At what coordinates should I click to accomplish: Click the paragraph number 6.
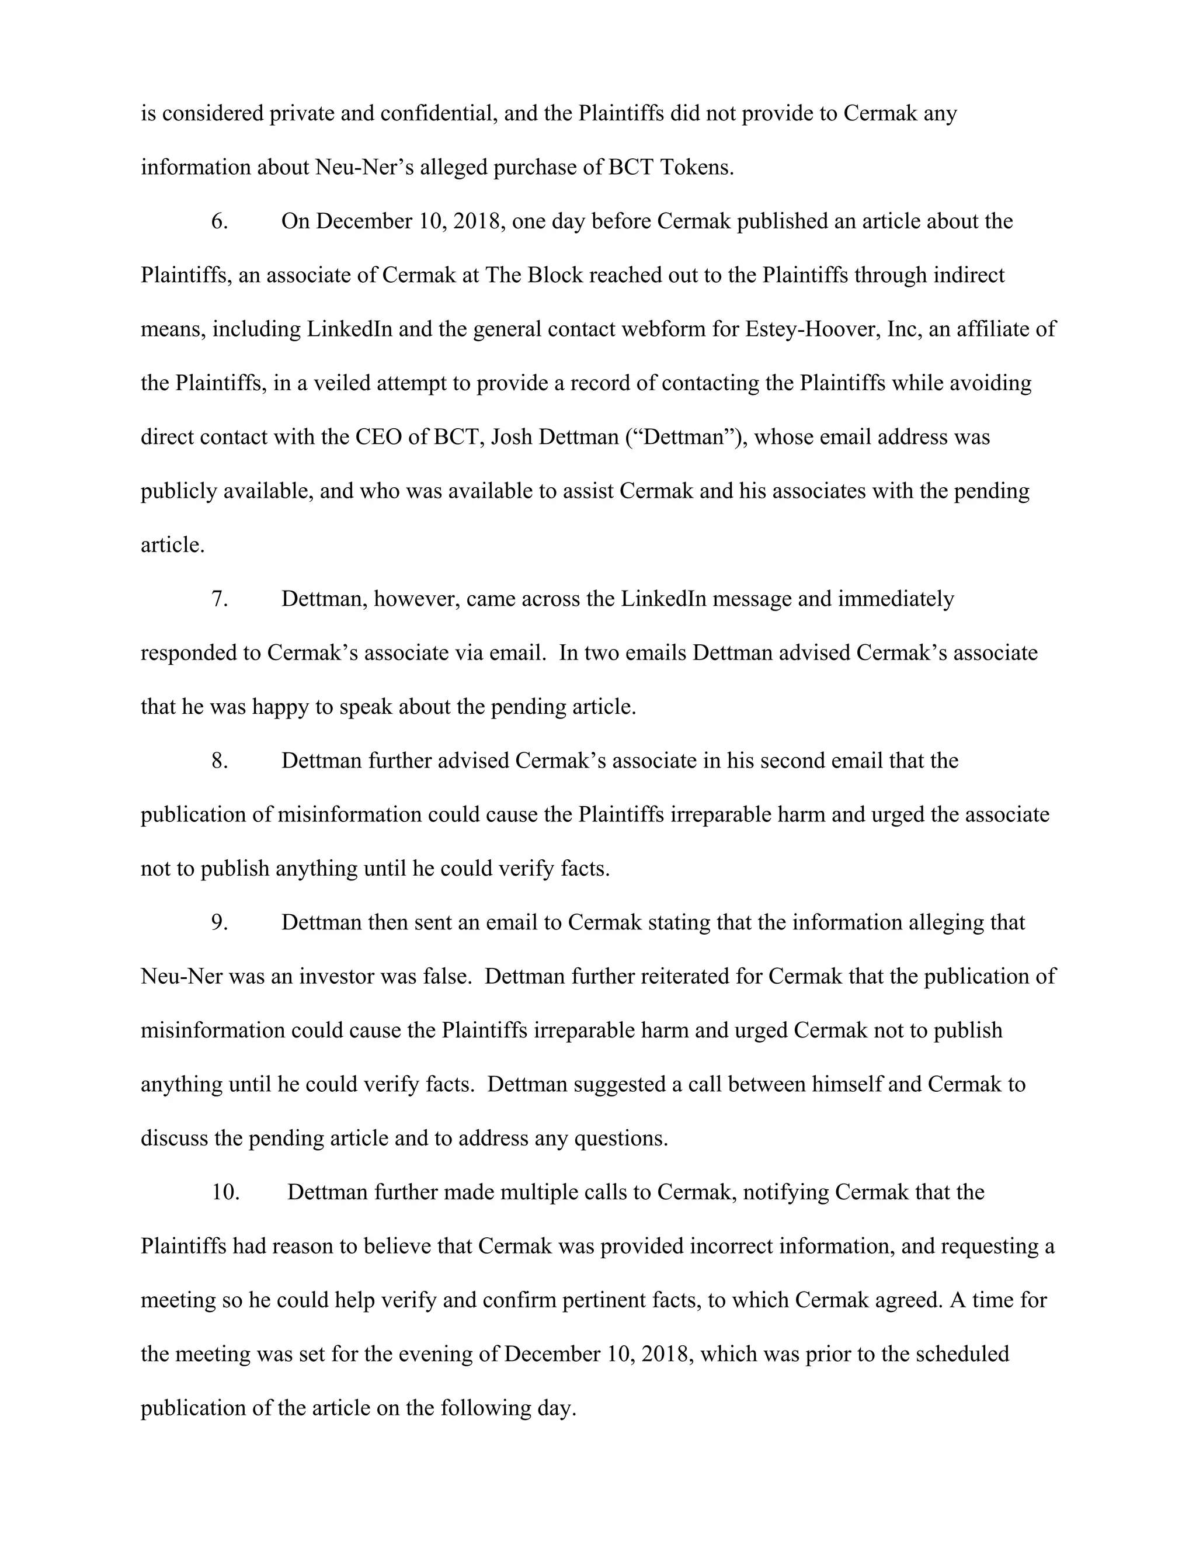click(220, 222)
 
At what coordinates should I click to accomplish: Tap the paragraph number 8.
click(220, 761)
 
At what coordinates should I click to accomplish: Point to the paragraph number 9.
click(220, 923)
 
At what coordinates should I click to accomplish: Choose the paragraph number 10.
click(225, 1192)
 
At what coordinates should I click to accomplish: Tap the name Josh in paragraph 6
click(512, 438)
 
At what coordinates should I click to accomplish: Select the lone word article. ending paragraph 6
click(172, 545)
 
